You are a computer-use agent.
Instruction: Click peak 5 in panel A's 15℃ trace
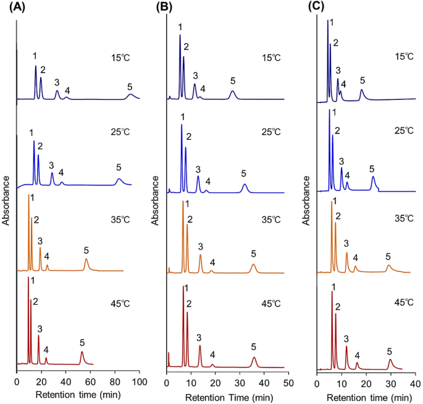click(130, 95)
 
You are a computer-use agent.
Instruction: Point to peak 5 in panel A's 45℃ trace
click(82, 353)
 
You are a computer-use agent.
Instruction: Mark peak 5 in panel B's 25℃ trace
click(245, 185)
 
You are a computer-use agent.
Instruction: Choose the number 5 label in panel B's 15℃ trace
click(233, 81)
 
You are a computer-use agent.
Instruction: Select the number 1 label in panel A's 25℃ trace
click(31, 132)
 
